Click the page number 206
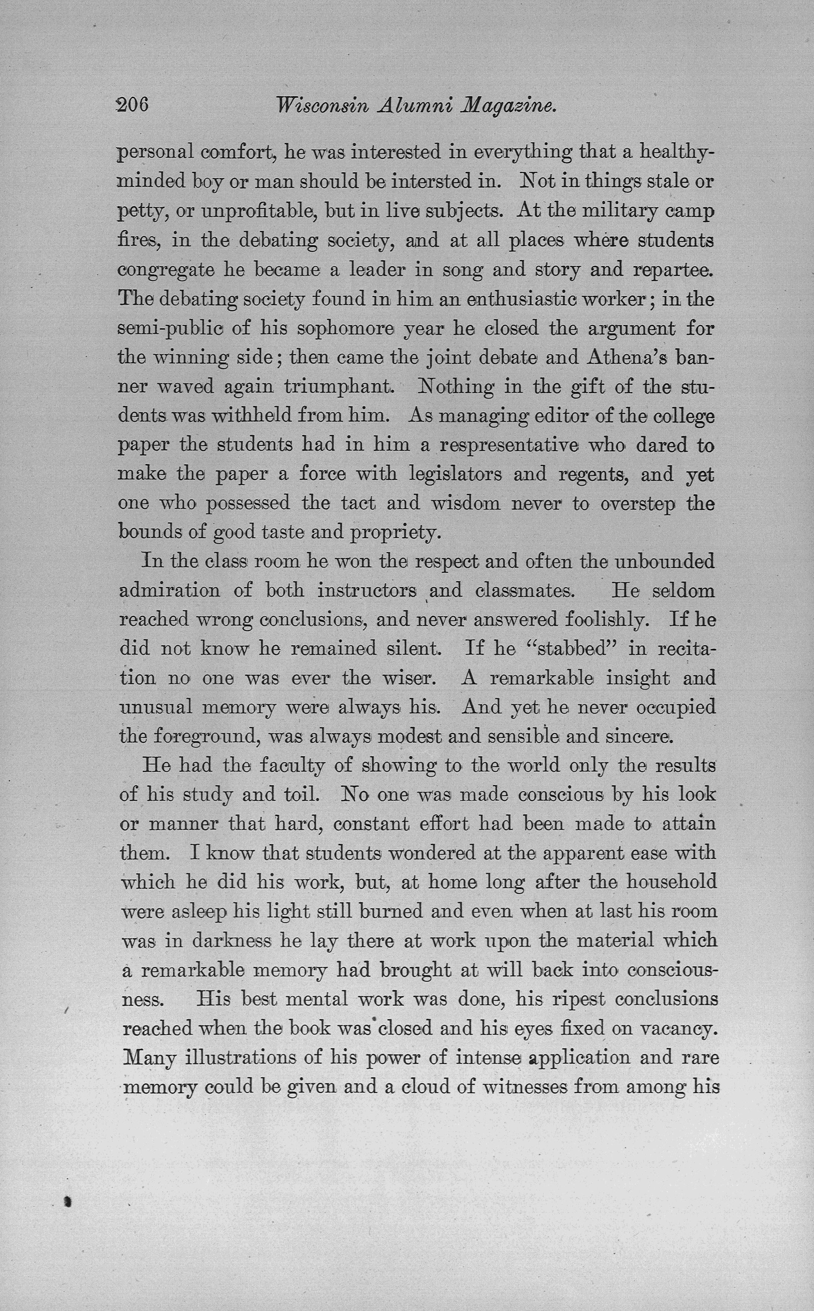tap(132, 104)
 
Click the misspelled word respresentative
tap(509, 445)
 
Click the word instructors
tap(367, 590)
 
